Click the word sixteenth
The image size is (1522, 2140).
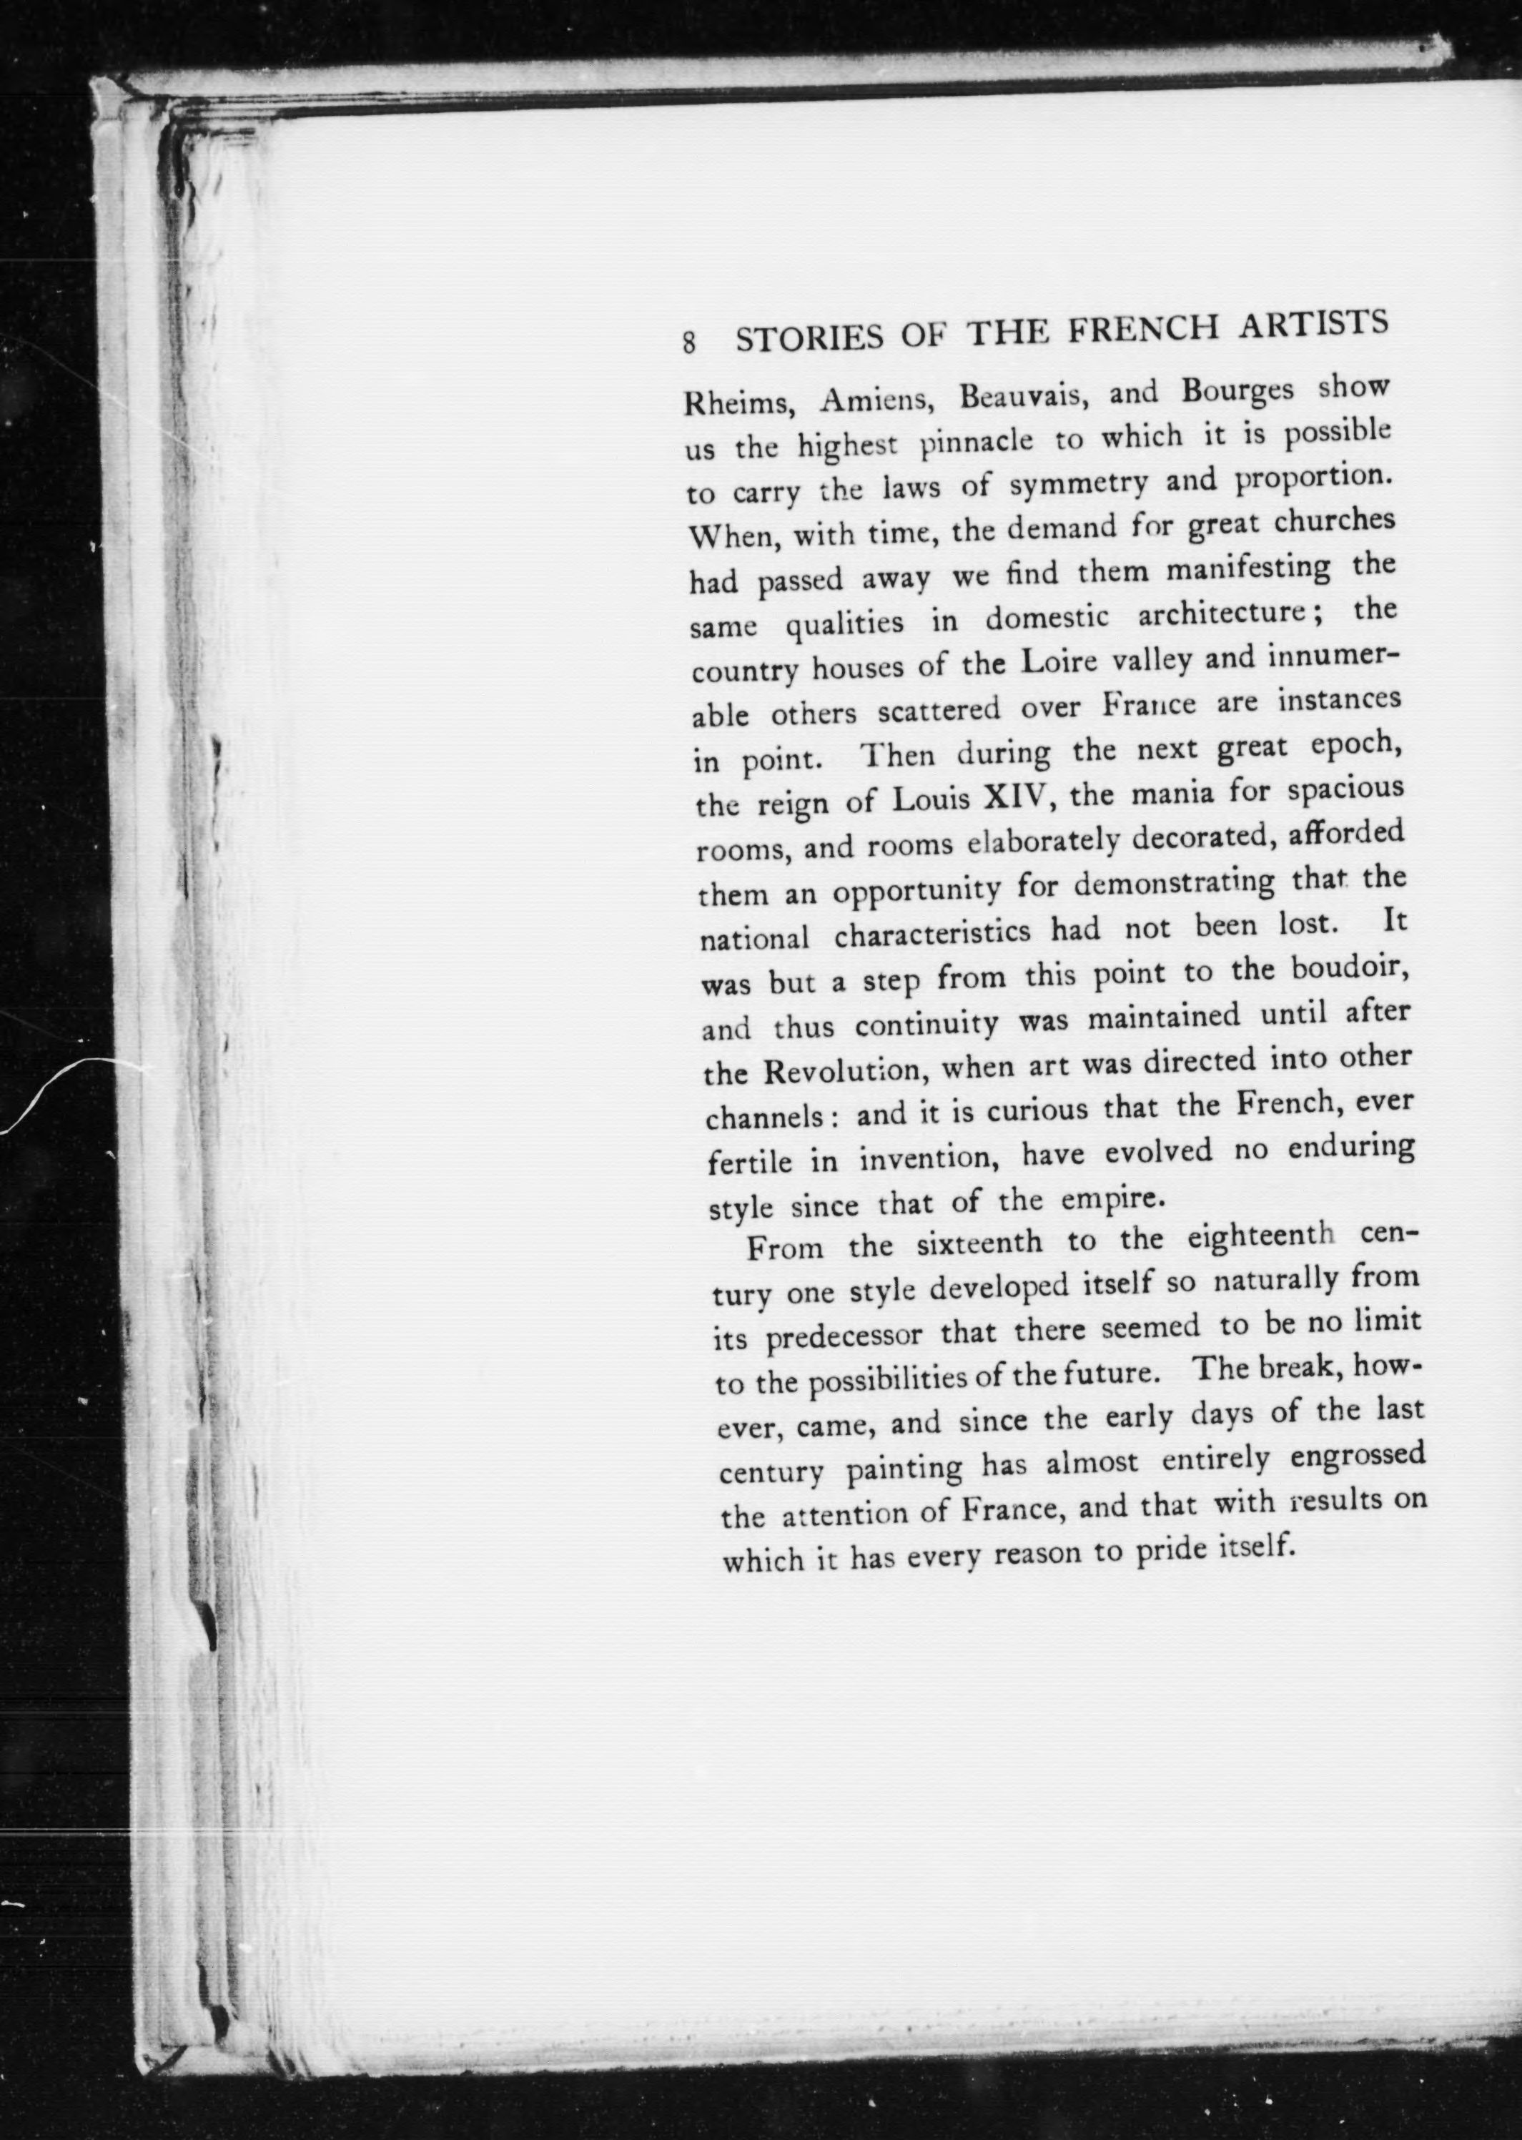click(x=979, y=1244)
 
